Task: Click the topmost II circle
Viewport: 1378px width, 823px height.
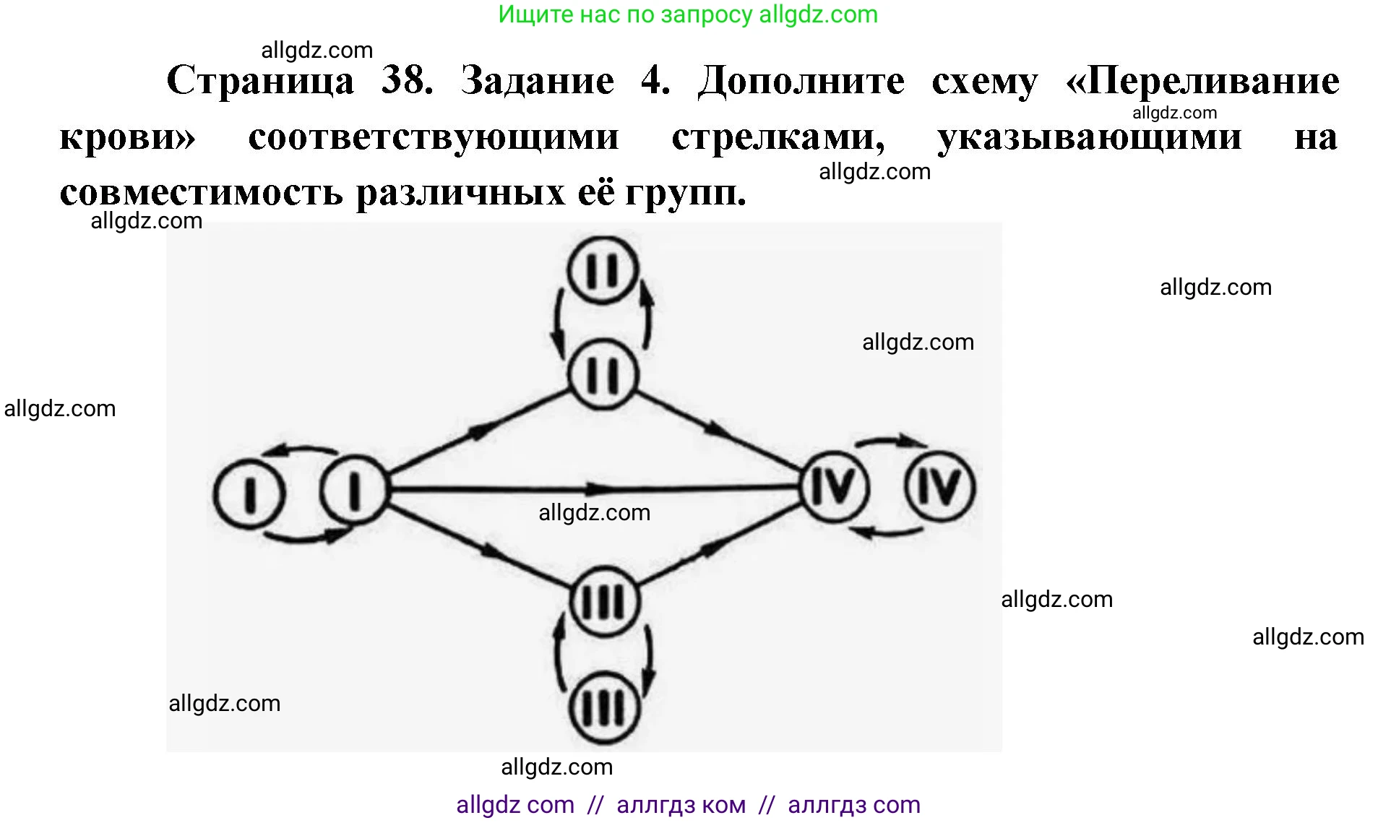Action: coord(603,270)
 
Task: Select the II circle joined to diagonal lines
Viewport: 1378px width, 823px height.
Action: coord(603,375)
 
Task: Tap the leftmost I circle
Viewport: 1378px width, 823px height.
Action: coord(249,494)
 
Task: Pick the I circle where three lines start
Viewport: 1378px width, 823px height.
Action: coord(353,490)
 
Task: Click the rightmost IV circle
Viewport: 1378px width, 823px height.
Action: coord(939,486)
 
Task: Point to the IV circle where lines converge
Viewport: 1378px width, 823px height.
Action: coord(835,486)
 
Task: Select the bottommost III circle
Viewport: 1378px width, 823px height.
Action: coord(604,708)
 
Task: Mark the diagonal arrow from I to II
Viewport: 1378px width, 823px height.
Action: coord(477,432)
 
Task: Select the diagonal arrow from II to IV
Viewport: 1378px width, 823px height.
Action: coord(719,430)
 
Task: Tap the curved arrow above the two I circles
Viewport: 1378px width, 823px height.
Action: coord(300,450)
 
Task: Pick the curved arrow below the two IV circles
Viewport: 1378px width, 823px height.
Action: coord(887,533)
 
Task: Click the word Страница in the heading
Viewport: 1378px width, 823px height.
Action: coord(260,81)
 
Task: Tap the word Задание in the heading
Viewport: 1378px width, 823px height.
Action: coord(538,81)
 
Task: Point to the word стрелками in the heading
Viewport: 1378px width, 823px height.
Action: coord(778,137)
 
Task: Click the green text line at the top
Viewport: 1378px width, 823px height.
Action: coord(687,14)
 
